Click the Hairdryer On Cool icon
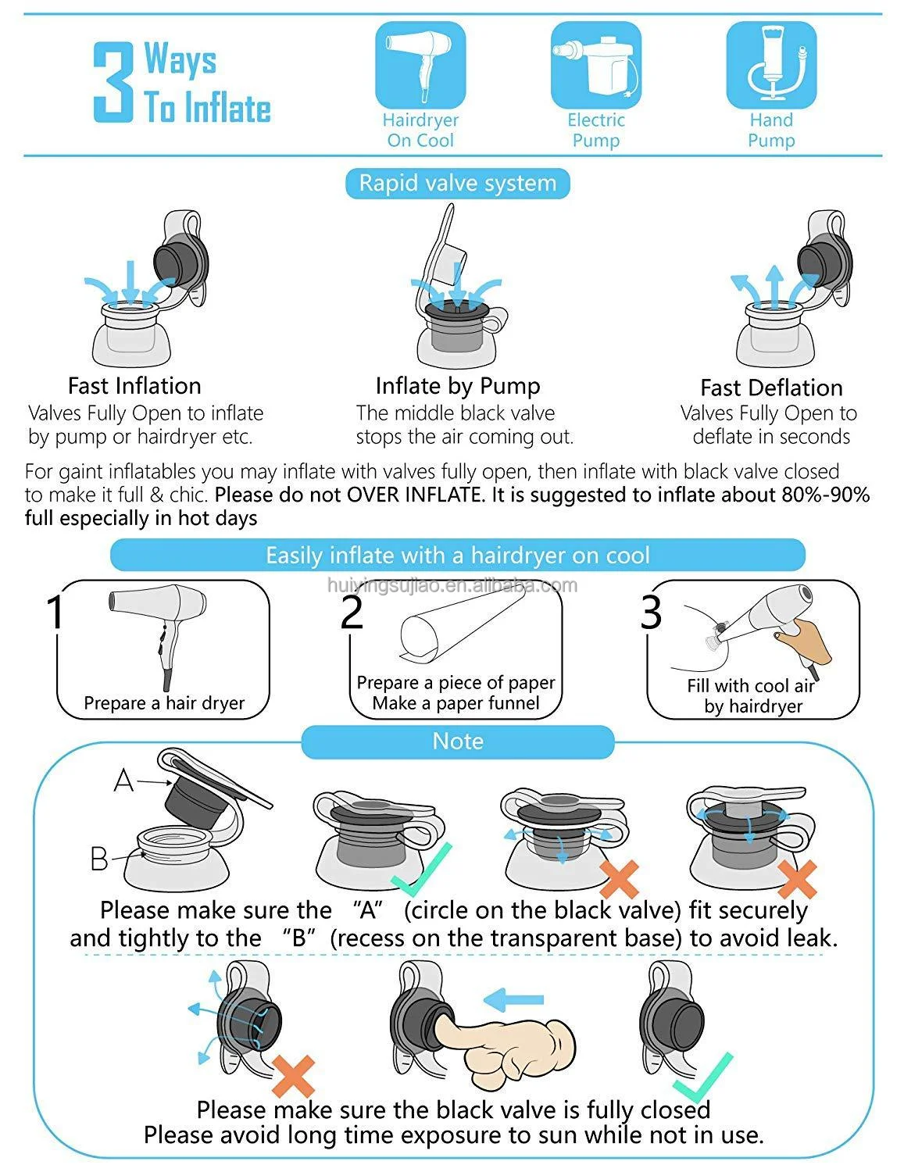tap(420, 65)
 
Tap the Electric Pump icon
tap(595, 65)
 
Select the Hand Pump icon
tap(771, 65)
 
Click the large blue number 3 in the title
tap(113, 82)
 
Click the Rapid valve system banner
tap(457, 184)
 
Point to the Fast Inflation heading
tap(134, 386)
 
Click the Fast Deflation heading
tap(771, 388)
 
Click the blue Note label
tap(457, 741)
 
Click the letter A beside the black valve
tap(123, 781)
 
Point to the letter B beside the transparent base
tap(99, 858)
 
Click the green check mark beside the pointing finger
tap(703, 1077)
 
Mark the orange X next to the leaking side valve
tap(294, 1076)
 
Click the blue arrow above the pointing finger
tap(513, 999)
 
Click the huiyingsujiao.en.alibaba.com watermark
tap(452, 585)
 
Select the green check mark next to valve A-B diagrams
tap(421, 869)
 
